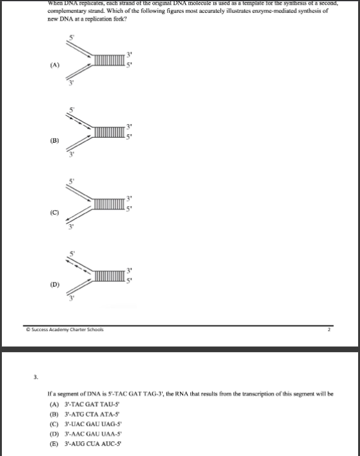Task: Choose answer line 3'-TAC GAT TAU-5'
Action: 80,405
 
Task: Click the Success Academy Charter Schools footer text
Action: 57,329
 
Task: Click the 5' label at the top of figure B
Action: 72,110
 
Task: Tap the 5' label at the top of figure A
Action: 72,37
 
